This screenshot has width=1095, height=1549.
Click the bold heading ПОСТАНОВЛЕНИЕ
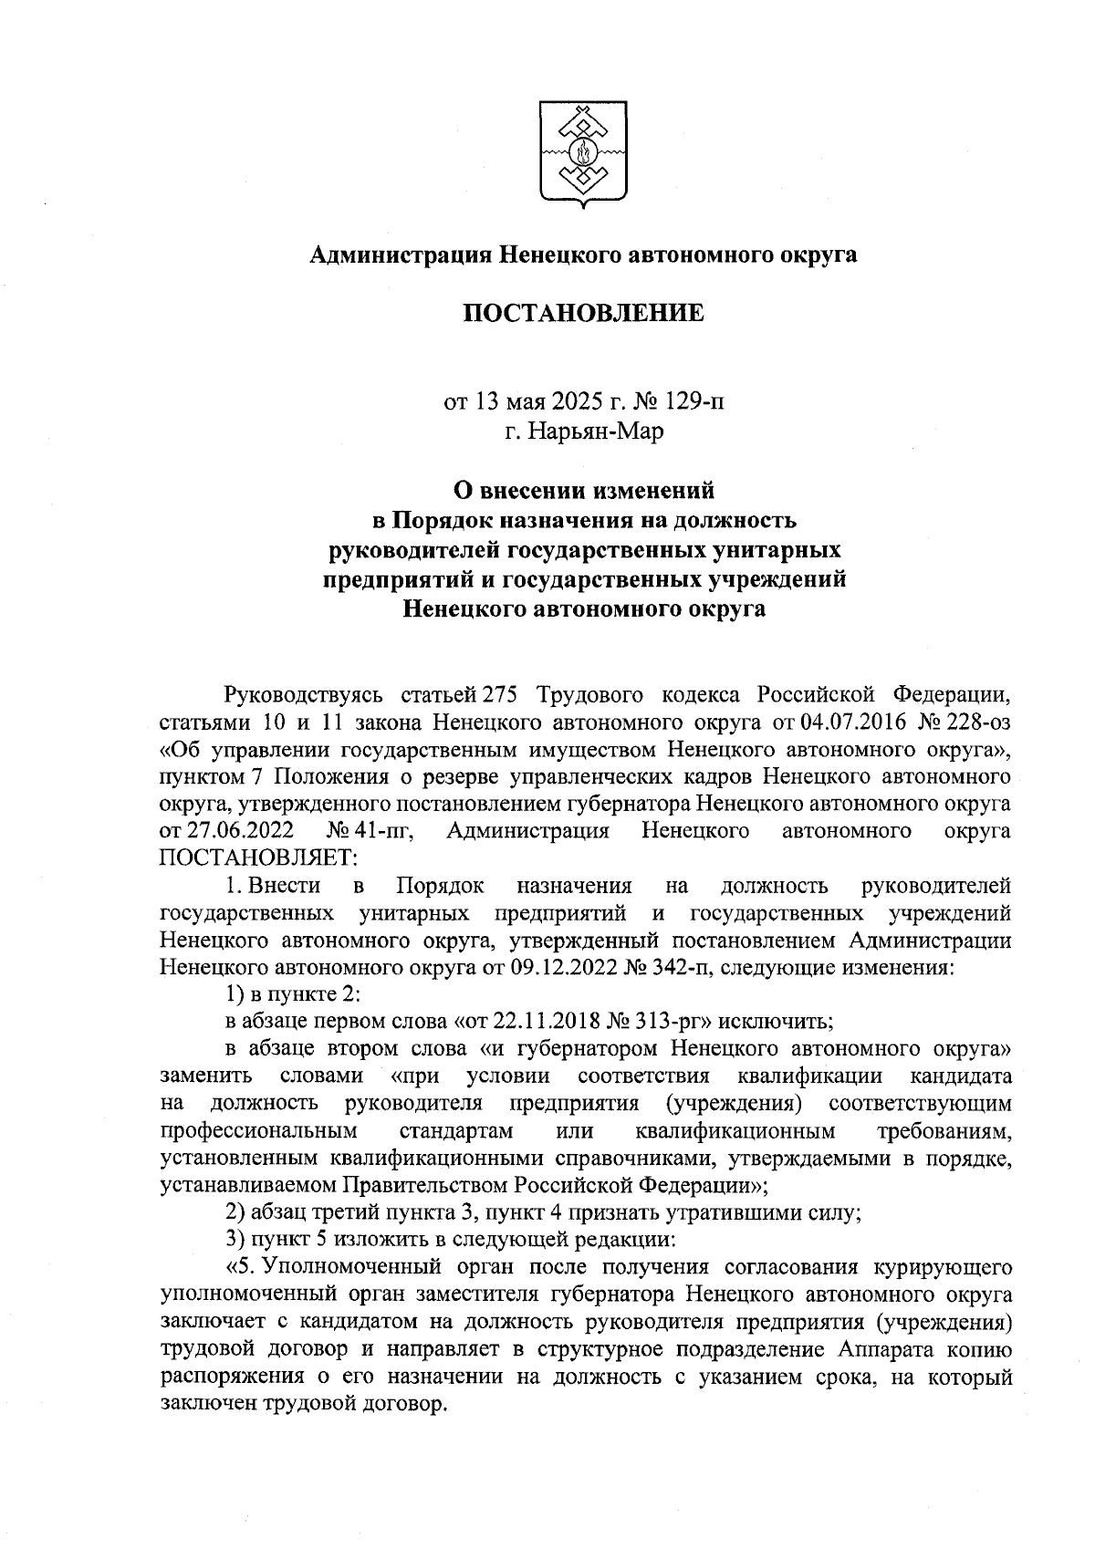click(x=583, y=314)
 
